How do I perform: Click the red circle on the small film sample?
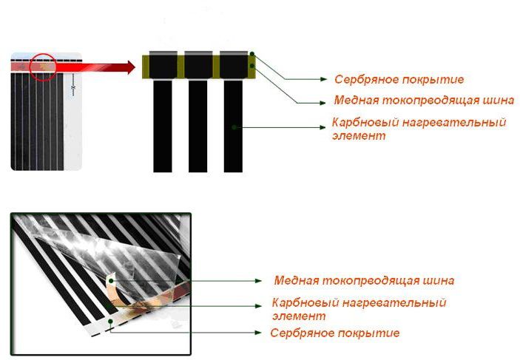coord(42,66)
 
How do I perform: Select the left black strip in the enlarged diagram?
coord(162,126)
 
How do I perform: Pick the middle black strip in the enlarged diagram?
coord(197,126)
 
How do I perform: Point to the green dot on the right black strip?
coord(234,127)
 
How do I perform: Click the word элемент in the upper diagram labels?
coord(359,136)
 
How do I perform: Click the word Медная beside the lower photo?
coord(297,281)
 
